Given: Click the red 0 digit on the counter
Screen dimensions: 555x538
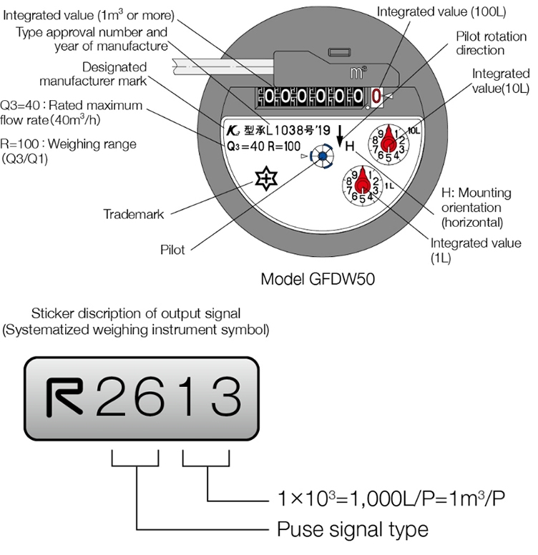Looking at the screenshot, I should (x=377, y=96).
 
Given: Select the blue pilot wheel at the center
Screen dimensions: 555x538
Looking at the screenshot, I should (x=323, y=156).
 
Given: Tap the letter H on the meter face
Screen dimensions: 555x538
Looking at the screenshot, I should (x=350, y=146).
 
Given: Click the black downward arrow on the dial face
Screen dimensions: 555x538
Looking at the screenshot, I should (x=341, y=132).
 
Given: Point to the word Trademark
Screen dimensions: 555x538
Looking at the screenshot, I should (x=134, y=214).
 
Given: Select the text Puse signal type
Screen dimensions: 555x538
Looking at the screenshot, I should (x=353, y=529).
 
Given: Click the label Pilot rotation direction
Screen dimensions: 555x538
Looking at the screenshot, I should (x=480, y=43).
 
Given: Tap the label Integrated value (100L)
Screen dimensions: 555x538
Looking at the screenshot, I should (x=441, y=12).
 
